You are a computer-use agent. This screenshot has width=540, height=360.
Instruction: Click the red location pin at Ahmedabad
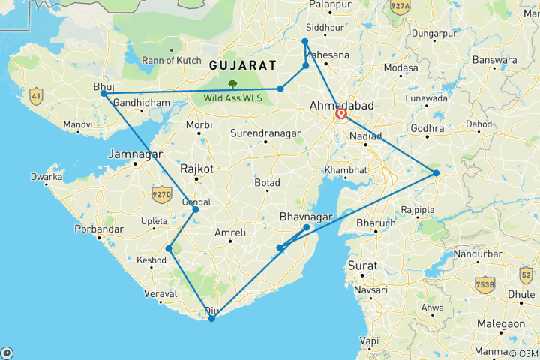tap(341, 114)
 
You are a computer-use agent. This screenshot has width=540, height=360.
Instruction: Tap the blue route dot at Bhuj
tap(104, 94)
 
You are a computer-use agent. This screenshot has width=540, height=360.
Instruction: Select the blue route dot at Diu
tap(212, 319)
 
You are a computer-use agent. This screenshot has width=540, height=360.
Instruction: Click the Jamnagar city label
tap(134, 154)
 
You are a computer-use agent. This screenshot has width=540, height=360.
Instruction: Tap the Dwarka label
tap(46, 178)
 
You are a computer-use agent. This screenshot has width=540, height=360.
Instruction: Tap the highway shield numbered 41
tap(35, 95)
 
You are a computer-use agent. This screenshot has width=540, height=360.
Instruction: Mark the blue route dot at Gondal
tap(196, 209)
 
